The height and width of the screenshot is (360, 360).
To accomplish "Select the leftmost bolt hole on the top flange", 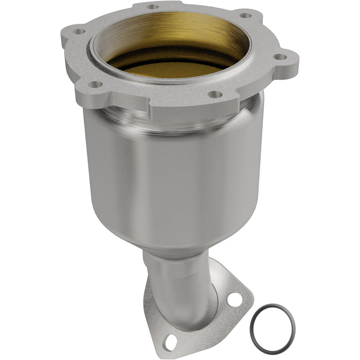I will pos(79,31).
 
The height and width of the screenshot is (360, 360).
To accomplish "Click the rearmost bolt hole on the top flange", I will pos(153,7).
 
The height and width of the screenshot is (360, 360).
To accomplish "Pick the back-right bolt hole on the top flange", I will pos(246,15).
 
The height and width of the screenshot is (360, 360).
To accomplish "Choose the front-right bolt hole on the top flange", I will pos(215,94).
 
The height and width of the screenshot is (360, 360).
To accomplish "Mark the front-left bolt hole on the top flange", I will pos(94,84).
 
